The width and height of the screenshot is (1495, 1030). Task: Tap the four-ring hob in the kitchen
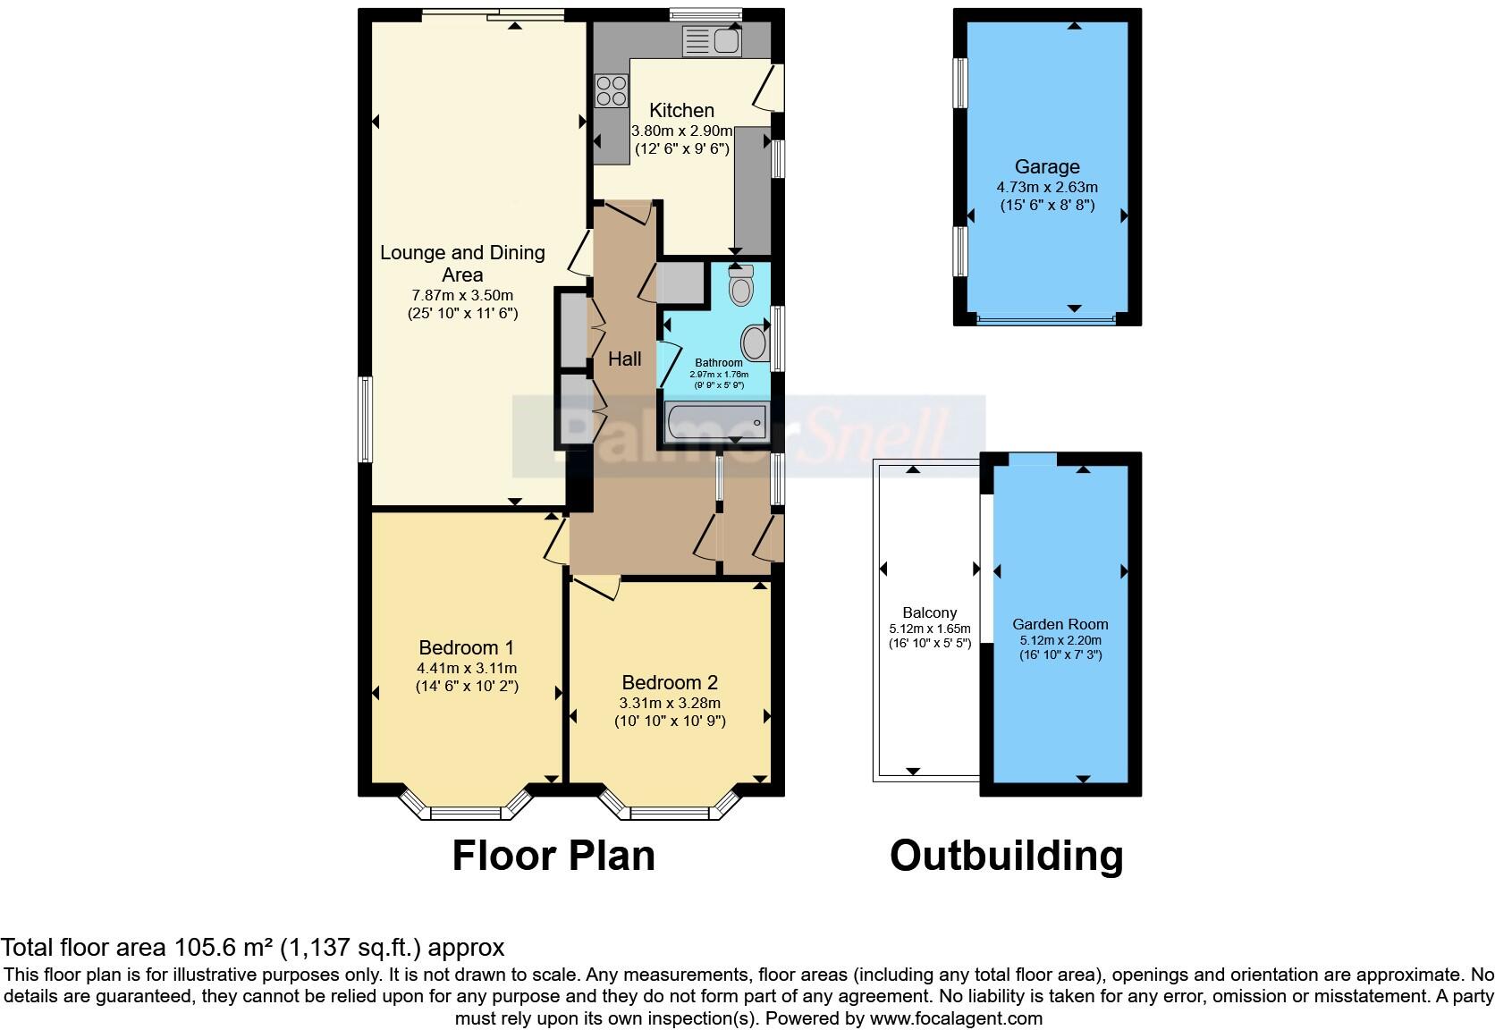[612, 89]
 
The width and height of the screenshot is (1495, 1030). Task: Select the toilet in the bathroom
[740, 287]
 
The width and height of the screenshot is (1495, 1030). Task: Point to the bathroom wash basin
[755, 342]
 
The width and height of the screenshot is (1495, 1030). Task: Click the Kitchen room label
[681, 110]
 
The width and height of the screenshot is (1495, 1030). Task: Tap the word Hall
[624, 359]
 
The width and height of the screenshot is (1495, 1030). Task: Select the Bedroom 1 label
[466, 647]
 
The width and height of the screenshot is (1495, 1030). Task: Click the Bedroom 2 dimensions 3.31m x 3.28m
[670, 703]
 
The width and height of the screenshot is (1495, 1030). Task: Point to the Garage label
[1046, 166]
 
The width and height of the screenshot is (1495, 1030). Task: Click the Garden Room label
[1060, 624]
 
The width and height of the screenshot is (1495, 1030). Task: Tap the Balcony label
[929, 612]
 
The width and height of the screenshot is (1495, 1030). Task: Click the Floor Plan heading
[553, 855]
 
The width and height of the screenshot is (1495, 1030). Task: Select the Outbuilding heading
[1006, 855]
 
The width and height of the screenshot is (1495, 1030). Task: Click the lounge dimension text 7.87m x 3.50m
[462, 295]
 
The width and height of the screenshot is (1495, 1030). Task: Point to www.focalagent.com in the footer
[956, 1018]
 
